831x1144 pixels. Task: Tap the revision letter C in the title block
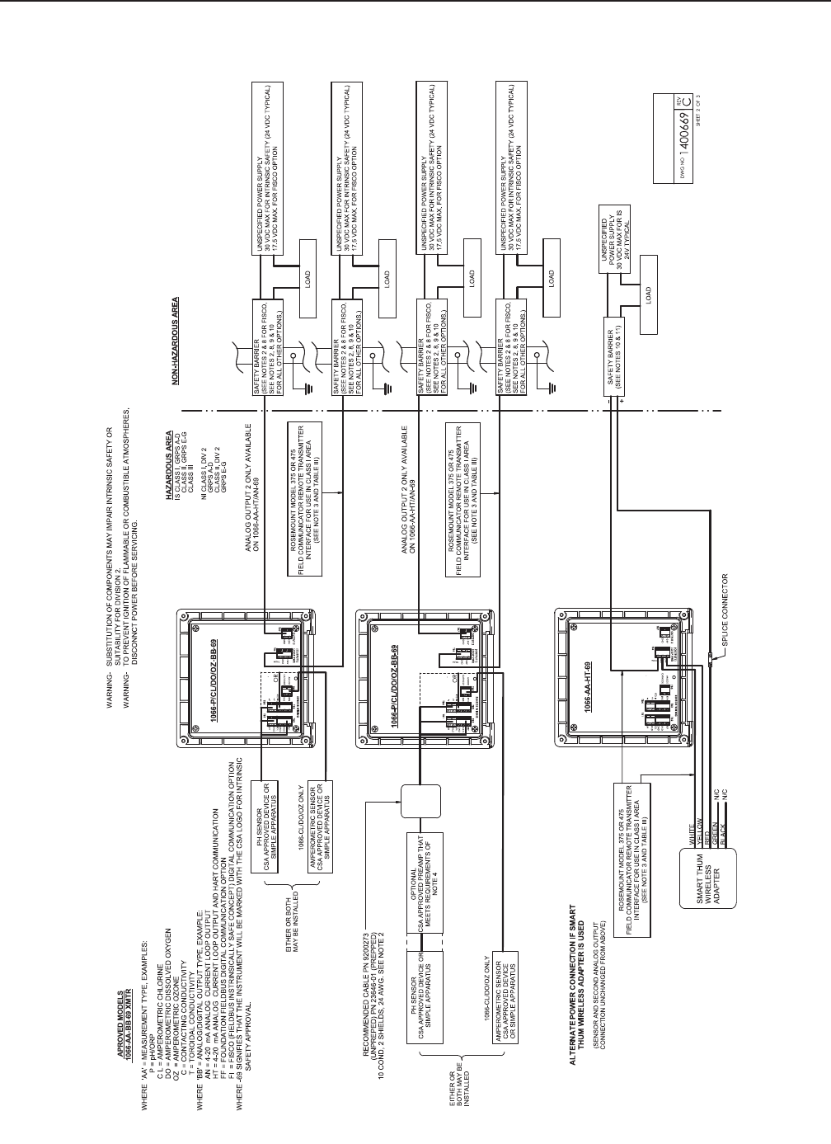(694, 109)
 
